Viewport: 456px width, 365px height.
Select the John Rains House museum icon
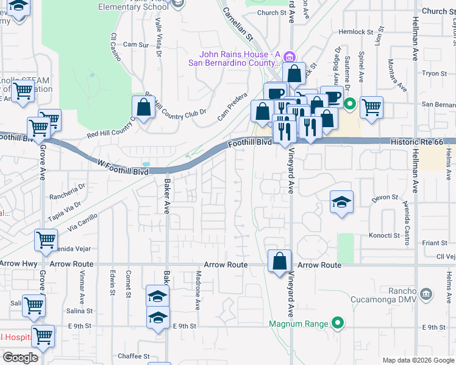coord(291,58)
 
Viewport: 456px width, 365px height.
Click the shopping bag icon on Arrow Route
coord(279,262)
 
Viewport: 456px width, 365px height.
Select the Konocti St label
coord(383,235)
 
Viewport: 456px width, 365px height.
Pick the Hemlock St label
coord(358,32)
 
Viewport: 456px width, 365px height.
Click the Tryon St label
coord(435,73)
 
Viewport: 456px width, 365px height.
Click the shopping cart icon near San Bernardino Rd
coord(371,107)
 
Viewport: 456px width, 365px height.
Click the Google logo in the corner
coord(20,358)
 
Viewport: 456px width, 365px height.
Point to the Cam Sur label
coord(136,44)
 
